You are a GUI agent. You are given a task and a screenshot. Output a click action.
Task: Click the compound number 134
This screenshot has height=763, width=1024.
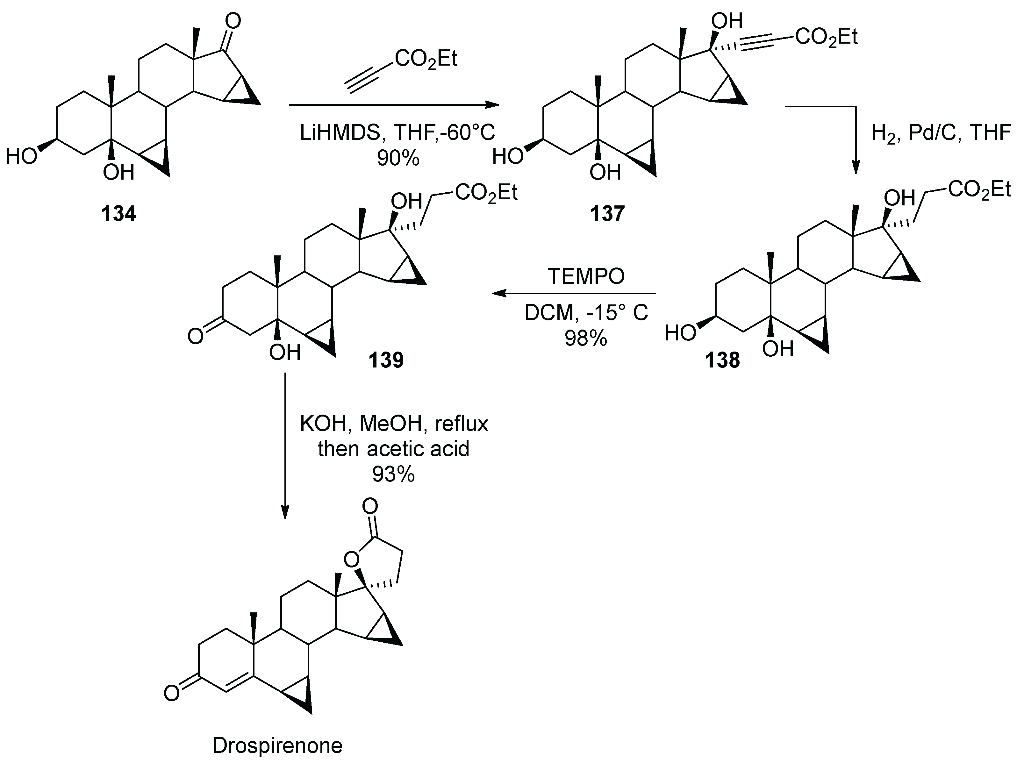coord(119,214)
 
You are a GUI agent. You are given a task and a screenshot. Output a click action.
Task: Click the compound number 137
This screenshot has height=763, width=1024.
coord(606,214)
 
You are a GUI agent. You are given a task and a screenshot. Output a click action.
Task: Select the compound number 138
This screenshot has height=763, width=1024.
coord(722,360)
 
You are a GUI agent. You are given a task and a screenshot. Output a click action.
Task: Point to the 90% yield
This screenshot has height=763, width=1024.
coord(398,158)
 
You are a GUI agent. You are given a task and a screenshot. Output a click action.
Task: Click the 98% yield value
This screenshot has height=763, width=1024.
coord(585,339)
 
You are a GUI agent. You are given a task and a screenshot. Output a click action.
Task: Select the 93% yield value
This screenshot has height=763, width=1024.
coord(394,474)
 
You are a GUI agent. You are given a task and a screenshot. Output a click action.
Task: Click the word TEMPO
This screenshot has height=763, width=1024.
coord(586,276)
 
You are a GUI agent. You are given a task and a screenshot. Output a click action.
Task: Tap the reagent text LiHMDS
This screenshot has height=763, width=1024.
coord(339,133)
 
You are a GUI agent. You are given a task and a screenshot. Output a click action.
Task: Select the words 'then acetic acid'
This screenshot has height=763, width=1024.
coord(394,448)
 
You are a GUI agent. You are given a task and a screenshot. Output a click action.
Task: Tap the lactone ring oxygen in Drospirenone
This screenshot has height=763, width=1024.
coord(352,560)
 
